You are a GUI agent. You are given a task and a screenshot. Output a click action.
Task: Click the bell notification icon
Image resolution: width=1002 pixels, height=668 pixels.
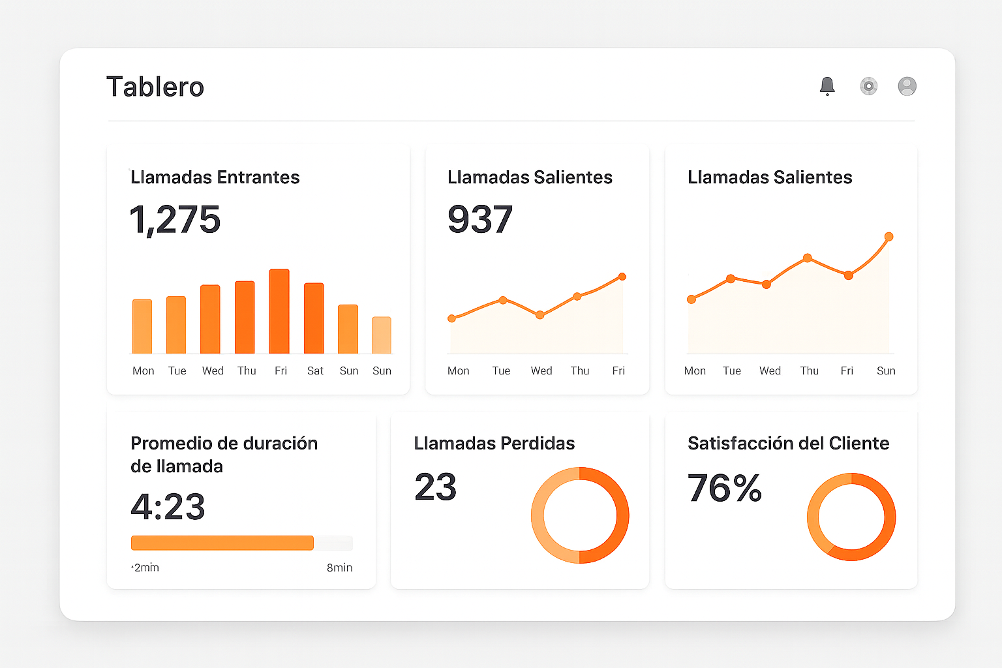827,86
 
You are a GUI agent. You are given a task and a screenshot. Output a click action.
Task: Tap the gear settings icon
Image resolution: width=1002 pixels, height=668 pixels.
868,86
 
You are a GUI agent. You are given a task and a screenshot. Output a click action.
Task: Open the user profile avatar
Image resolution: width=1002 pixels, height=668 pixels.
907,86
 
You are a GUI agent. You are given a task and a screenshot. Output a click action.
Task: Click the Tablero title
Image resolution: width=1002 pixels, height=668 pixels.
155,87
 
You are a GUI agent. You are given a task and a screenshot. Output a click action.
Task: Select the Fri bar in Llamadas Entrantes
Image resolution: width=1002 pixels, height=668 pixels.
279,311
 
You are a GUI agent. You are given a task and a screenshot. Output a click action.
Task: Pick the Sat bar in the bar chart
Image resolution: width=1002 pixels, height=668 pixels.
314,318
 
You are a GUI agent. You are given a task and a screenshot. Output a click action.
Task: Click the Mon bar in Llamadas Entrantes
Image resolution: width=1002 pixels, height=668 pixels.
142,326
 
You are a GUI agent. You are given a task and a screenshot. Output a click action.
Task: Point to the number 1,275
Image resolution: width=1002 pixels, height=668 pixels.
175,219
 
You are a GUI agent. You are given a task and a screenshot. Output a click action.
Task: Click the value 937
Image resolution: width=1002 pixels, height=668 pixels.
480,219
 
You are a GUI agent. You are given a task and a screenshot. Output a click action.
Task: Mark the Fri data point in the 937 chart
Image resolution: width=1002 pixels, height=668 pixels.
622,277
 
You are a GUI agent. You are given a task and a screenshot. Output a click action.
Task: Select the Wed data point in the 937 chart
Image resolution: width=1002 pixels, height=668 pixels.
539,315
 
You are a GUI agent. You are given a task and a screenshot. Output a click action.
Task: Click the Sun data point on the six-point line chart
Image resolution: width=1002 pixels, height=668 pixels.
888,237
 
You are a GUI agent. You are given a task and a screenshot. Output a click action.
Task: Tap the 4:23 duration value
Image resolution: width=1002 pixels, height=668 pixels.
168,507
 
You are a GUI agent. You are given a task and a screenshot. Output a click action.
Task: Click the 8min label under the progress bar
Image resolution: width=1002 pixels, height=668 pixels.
339,568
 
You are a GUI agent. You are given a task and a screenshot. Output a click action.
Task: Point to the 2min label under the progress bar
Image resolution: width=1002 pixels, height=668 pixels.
146,568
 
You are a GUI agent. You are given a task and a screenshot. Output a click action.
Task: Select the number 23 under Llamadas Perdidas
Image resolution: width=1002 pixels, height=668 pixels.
435,487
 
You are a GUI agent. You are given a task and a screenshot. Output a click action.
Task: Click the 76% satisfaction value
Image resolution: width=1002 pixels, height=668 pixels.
724,488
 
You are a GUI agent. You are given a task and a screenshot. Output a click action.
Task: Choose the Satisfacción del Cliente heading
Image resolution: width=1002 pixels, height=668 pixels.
788,444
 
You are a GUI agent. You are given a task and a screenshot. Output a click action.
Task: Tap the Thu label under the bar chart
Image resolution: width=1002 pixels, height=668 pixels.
247,371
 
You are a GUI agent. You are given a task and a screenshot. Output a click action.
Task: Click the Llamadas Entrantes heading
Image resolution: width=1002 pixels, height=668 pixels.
215,177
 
